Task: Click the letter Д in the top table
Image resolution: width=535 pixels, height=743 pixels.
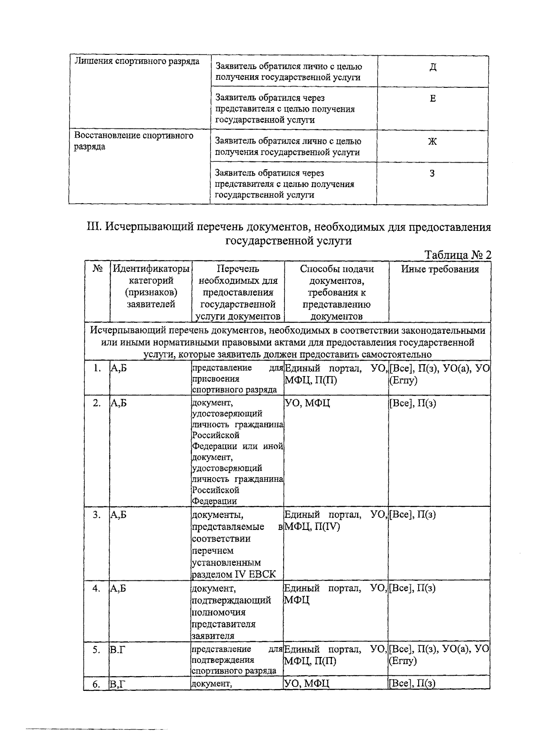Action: [432, 67]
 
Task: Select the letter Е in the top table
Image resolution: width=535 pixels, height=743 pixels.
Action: [432, 99]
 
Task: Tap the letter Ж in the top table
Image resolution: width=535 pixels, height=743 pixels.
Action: [432, 142]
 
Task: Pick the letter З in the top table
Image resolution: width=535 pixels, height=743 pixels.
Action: [432, 173]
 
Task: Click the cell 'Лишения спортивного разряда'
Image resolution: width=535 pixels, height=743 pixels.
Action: [136, 61]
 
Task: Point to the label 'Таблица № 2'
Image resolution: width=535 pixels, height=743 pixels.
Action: [458, 255]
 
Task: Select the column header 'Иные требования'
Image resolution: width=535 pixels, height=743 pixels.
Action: [440, 269]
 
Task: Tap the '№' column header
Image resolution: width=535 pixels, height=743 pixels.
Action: [98, 269]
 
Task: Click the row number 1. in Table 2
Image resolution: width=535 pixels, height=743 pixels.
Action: [97, 368]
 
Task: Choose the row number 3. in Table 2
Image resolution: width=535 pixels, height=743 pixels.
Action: [97, 515]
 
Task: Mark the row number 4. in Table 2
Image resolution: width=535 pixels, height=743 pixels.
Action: [97, 588]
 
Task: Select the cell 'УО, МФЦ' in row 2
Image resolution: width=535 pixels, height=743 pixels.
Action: [307, 403]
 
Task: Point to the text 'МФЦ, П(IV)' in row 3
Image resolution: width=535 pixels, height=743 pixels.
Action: [312, 527]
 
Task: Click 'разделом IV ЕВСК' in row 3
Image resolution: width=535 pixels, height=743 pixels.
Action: [234, 574]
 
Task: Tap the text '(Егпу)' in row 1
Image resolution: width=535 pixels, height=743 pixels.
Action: [403, 381]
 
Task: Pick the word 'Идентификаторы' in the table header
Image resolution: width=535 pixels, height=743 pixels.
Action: [151, 269]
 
